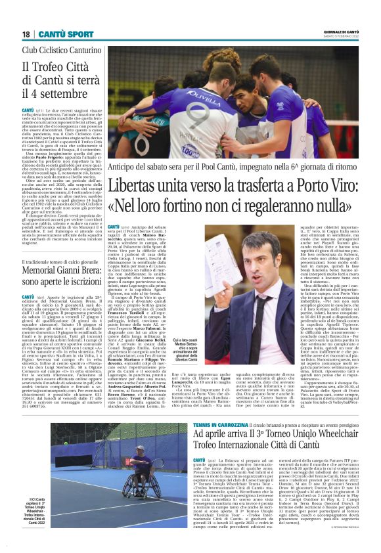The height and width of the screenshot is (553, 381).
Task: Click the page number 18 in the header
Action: (26, 33)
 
